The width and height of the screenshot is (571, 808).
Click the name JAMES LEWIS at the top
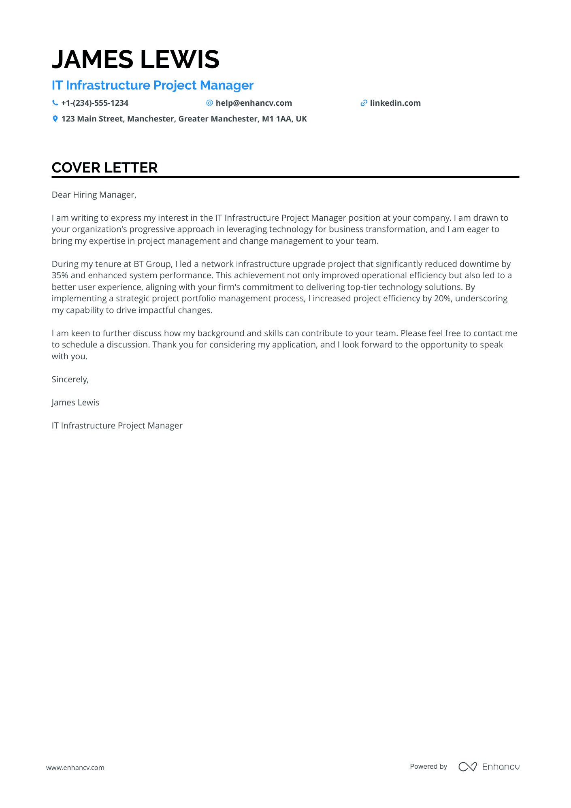pyautogui.click(x=135, y=59)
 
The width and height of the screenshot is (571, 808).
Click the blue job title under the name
pyautogui.click(x=152, y=85)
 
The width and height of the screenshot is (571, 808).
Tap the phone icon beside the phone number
pyautogui.click(x=55, y=103)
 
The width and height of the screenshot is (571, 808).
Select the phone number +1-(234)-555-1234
pyautogui.click(x=95, y=103)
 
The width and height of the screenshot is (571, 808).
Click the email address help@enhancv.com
pyautogui.click(x=254, y=103)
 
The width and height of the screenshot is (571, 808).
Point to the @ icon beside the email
pyautogui.click(x=209, y=103)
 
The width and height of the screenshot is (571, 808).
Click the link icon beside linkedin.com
pyautogui.click(x=364, y=103)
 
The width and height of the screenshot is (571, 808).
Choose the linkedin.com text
pyautogui.click(x=395, y=103)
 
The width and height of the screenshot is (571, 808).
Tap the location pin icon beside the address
pyautogui.click(x=55, y=119)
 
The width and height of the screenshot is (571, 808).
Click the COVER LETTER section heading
pyautogui.click(x=104, y=168)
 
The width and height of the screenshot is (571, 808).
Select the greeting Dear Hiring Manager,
pyautogui.click(x=94, y=195)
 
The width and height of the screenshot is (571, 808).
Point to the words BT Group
pyautogui.click(x=152, y=264)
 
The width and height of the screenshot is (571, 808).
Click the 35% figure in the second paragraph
pyautogui.click(x=60, y=275)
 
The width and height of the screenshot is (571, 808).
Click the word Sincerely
pyautogui.click(x=70, y=379)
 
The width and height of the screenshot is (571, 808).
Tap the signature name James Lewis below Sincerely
pyautogui.click(x=75, y=403)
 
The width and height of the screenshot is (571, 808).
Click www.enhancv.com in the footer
pyautogui.click(x=75, y=767)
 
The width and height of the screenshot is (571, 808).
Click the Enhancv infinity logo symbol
pyautogui.click(x=467, y=767)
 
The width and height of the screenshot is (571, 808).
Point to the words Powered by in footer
pyautogui.click(x=428, y=767)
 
